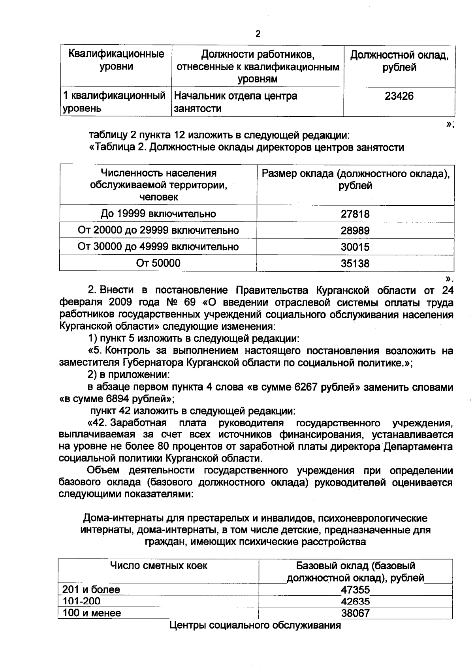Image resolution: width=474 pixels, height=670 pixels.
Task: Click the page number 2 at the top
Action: (258, 34)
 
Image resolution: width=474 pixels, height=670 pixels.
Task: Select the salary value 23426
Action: (399, 96)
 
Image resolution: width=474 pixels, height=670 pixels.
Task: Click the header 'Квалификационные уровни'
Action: (116, 60)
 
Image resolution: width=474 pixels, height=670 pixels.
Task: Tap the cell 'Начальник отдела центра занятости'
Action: (236, 102)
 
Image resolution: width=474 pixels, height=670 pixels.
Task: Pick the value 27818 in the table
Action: (355, 214)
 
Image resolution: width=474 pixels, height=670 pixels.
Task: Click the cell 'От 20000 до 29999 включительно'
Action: (158, 230)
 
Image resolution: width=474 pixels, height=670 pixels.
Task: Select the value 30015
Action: (355, 247)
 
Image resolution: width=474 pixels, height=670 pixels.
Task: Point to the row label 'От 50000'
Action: (158, 263)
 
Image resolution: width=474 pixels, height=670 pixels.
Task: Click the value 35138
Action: (355, 263)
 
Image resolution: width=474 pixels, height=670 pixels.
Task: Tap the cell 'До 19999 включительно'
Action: (158, 214)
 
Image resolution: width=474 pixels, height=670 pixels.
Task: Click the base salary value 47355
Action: (355, 590)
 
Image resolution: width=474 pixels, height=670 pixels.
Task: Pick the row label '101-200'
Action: (82, 601)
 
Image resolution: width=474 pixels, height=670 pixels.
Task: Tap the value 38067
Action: (355, 613)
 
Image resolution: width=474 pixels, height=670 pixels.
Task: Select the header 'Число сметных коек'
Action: (158, 566)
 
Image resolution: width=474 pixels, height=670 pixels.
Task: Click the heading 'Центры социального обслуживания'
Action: (255, 625)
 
